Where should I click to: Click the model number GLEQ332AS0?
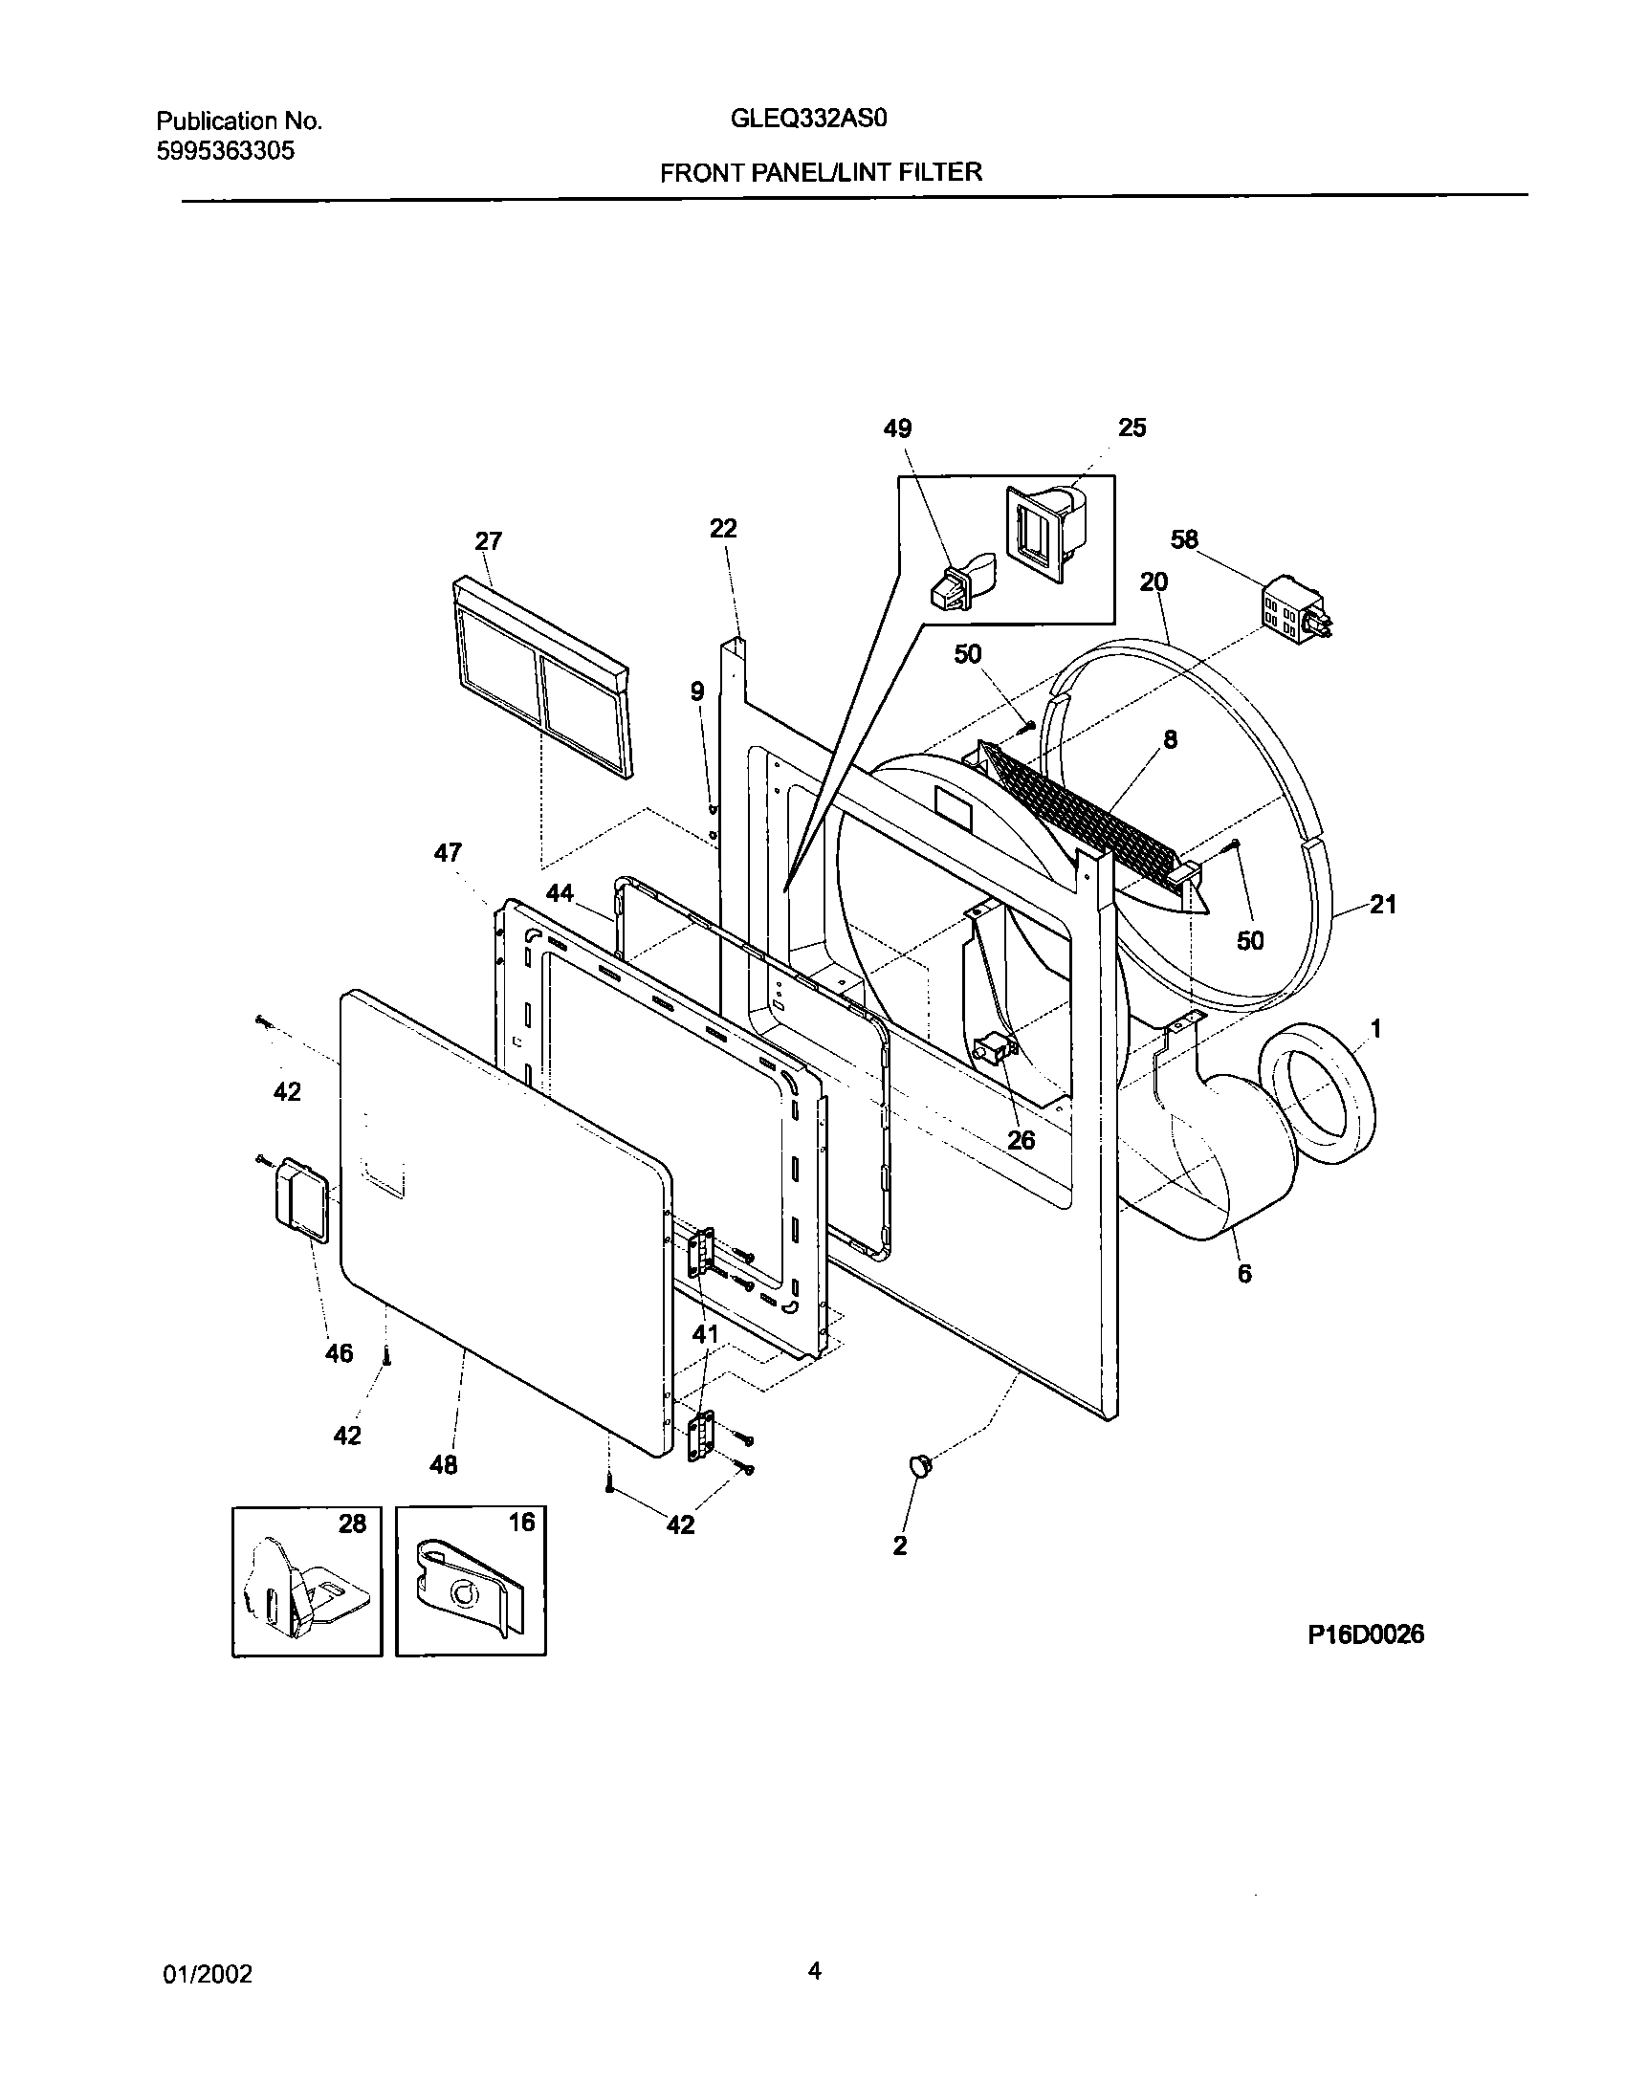[809, 119]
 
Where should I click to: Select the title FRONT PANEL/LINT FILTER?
[820, 172]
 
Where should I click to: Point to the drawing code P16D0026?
[1366, 1634]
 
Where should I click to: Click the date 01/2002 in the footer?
[206, 1973]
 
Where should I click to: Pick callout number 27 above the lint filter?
[488, 541]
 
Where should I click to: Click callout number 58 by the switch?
[1184, 539]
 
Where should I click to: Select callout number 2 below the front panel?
[900, 1546]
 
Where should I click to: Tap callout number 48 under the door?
[444, 1464]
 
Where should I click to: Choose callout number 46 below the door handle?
[340, 1352]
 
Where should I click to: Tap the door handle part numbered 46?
[300, 1199]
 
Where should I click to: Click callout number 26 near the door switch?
[1021, 1139]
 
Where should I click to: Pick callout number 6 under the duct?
[1243, 1273]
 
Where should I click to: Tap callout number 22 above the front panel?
[723, 528]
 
